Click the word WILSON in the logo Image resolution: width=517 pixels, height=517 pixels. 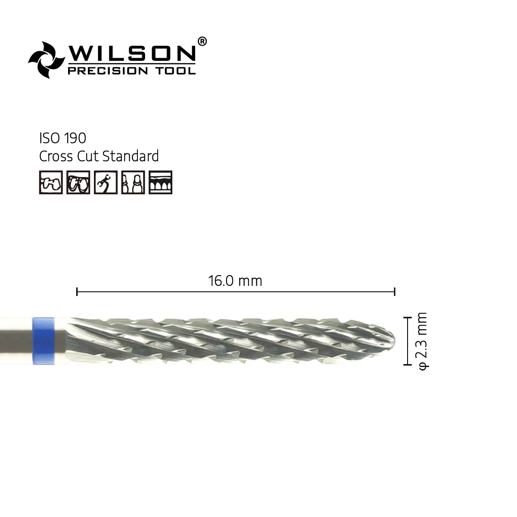click(x=132, y=53)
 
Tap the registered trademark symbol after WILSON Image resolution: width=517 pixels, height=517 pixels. click(x=202, y=41)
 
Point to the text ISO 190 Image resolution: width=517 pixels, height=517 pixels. click(x=62, y=138)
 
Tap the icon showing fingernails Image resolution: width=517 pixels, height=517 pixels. click(x=133, y=182)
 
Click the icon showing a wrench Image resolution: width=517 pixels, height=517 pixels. click(x=106, y=182)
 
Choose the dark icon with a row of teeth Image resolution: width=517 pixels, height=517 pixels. click(x=160, y=182)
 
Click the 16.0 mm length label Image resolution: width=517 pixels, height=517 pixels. click(x=235, y=281)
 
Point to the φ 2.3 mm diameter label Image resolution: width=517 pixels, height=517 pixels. click(x=422, y=340)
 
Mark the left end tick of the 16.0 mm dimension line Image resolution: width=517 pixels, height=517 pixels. click(x=77, y=292)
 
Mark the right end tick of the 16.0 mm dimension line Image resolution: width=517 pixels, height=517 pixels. click(x=394, y=292)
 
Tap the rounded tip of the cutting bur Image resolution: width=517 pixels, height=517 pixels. click(x=389, y=340)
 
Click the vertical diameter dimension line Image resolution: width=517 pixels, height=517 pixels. click(x=406, y=341)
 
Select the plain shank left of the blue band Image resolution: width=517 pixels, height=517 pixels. click(x=16, y=341)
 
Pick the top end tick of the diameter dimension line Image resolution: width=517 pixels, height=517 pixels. click(x=406, y=318)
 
